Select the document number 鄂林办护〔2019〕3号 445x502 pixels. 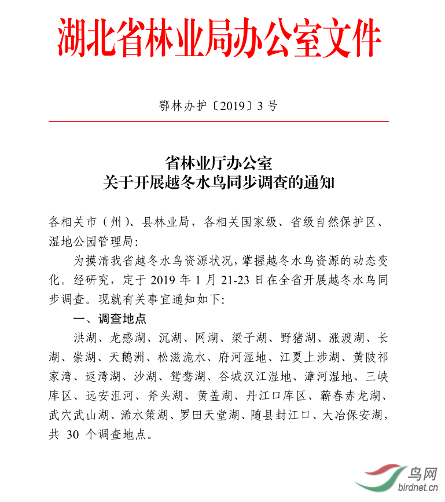click(218, 106)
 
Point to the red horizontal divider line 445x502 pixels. click(218, 122)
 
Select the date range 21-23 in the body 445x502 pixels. click(245, 280)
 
